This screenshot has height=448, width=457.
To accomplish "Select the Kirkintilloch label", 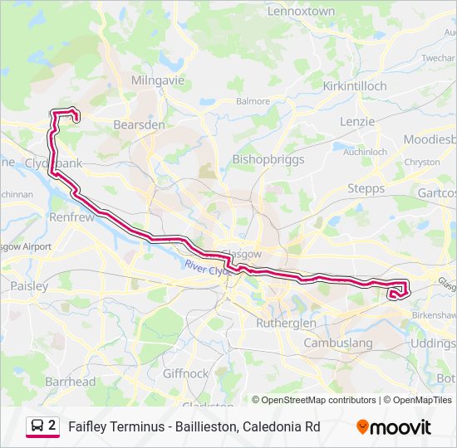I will click(x=355, y=85).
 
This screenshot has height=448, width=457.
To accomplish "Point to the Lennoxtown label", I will click(x=301, y=11).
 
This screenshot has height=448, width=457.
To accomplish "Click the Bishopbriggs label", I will click(x=268, y=158).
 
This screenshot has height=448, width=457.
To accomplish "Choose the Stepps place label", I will click(x=366, y=188).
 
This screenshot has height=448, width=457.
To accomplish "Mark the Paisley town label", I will click(x=29, y=285).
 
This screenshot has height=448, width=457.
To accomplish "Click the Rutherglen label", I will click(x=286, y=323).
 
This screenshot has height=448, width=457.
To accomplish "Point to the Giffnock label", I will click(x=186, y=373).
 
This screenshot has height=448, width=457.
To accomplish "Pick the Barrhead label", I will click(x=70, y=382).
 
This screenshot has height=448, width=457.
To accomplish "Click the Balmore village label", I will click(x=253, y=101).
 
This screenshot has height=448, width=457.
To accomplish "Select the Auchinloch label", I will click(x=366, y=152).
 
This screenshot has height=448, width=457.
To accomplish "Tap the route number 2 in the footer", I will click(x=52, y=426).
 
